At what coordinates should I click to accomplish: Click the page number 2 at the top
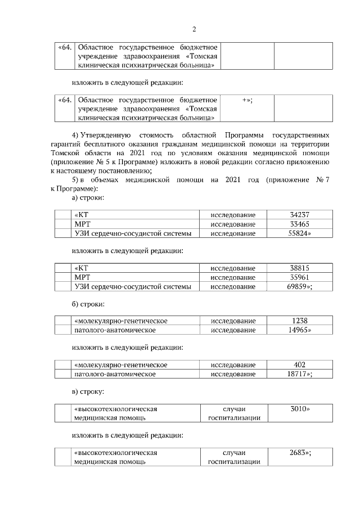click(x=193, y=29)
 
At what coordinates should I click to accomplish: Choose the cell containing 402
click(x=299, y=365)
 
